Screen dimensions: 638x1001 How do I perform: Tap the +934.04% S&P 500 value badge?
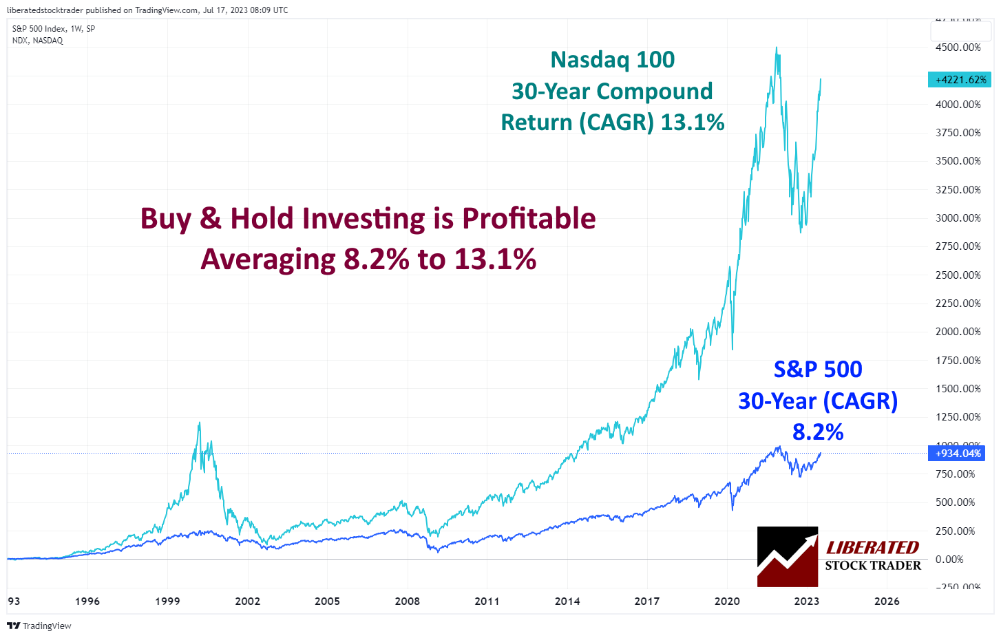(958, 454)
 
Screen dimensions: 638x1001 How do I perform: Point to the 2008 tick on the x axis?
(407, 602)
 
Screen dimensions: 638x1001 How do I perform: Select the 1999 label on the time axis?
(167, 602)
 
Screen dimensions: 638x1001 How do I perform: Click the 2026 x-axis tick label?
(886, 602)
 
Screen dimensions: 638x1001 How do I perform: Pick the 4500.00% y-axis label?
(958, 47)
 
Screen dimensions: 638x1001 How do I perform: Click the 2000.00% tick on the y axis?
(958, 332)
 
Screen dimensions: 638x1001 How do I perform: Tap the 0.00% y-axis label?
(949, 560)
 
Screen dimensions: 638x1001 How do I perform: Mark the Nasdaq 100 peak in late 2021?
(777, 48)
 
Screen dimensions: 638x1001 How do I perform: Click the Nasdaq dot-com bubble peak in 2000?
(200, 423)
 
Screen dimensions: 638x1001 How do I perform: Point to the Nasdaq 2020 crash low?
(733, 349)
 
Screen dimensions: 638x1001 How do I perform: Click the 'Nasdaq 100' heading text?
(612, 60)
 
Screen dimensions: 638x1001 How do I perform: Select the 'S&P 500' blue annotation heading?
(817, 370)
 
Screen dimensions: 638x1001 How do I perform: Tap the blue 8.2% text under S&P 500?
(817, 432)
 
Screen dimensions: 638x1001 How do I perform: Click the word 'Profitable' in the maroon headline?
(528, 219)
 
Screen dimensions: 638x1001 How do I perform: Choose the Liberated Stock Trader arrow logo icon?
(787, 557)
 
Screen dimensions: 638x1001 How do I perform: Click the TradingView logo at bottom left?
(39, 626)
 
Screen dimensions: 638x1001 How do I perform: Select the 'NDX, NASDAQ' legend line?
(37, 41)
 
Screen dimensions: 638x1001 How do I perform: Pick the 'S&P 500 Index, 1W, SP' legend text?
(54, 29)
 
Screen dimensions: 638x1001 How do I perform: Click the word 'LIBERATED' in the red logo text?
(872, 548)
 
